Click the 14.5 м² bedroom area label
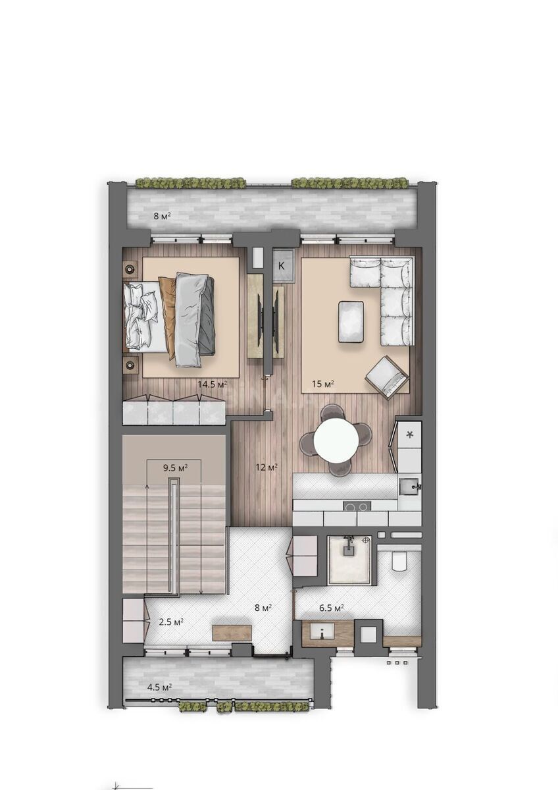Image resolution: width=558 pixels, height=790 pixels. pyautogui.click(x=212, y=384)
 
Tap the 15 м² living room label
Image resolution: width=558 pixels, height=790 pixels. pyautogui.click(x=323, y=384)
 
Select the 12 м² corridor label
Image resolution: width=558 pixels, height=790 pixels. pyautogui.click(x=267, y=467)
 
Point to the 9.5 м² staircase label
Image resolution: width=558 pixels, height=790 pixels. pyautogui.click(x=175, y=468)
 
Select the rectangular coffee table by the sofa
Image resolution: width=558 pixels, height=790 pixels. pyautogui.click(x=351, y=321)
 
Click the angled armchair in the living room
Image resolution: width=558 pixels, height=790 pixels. pyautogui.click(x=387, y=377)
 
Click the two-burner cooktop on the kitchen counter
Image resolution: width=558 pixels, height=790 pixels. pyautogui.click(x=357, y=506)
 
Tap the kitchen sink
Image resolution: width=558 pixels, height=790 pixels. pyautogui.click(x=409, y=487)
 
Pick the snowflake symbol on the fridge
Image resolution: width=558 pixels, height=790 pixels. pyautogui.click(x=409, y=435)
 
